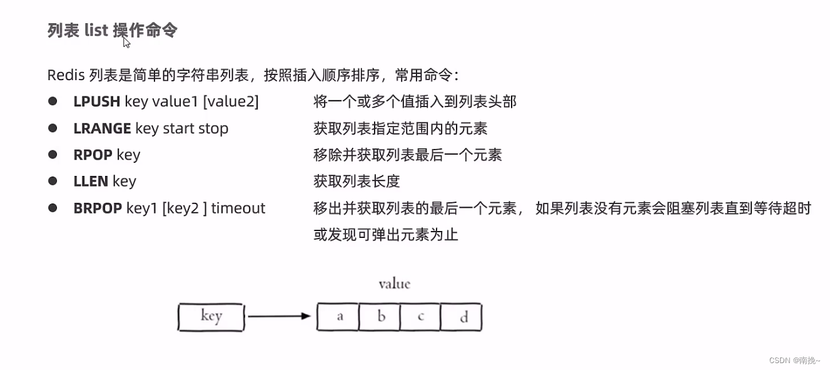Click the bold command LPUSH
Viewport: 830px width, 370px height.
click(96, 101)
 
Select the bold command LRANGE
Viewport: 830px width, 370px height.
click(102, 128)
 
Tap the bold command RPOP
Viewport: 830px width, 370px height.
click(93, 155)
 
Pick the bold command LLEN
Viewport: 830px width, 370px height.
click(91, 182)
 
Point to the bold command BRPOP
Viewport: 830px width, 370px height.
click(98, 208)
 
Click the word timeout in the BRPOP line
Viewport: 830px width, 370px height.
click(238, 208)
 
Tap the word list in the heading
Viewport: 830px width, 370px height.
click(96, 30)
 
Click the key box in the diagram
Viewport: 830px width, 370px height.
click(211, 317)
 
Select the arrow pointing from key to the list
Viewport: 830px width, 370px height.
click(279, 316)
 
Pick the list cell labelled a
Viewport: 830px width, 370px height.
click(339, 317)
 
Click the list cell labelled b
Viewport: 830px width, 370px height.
click(380, 317)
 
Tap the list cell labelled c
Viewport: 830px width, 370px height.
click(420, 317)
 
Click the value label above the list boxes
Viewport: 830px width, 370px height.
click(394, 284)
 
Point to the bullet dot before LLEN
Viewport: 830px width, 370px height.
click(53, 181)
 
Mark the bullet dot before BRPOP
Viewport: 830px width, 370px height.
click(53, 207)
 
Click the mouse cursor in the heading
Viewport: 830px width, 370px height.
click(126, 42)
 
